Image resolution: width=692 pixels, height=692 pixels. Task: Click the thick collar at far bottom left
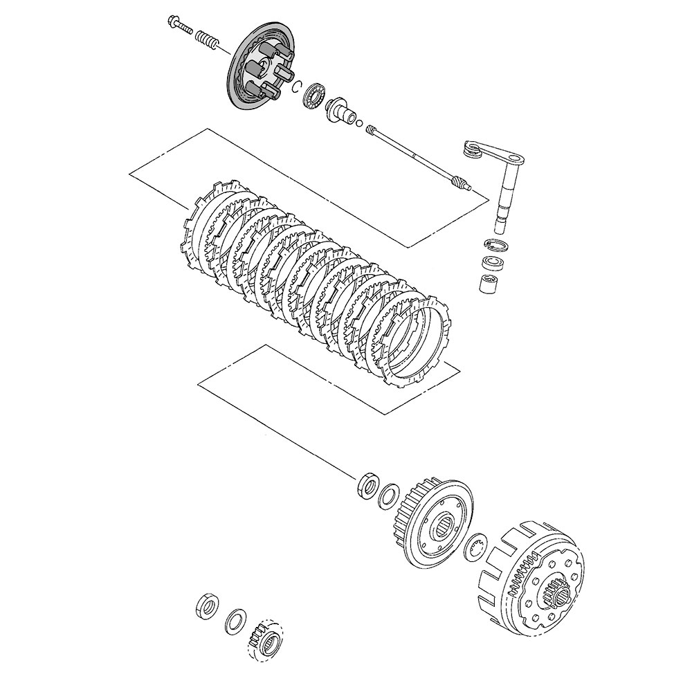tap(206, 604)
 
